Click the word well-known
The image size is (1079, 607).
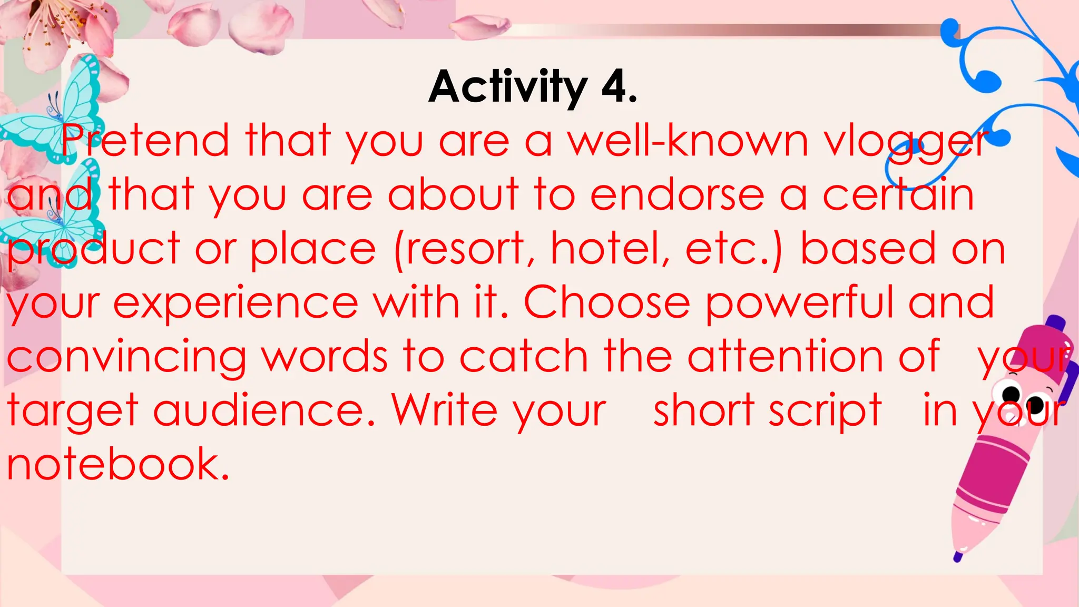tap(688, 141)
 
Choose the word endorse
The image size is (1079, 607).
tap(677, 195)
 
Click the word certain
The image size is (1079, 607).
tap(898, 195)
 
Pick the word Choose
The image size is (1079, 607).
tap(606, 302)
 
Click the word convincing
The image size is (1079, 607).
tap(126, 357)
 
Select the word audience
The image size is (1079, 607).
tap(263, 410)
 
